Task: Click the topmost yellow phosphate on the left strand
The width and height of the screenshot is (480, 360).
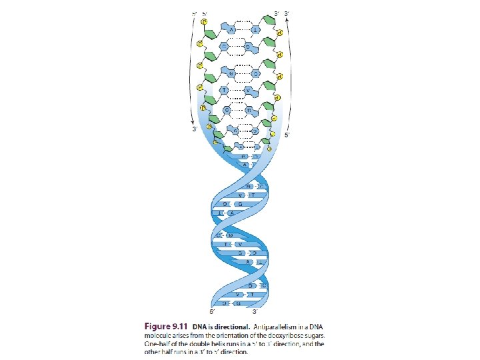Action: (x=204, y=21)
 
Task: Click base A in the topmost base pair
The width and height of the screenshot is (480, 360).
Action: (x=231, y=31)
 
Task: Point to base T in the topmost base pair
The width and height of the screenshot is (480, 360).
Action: (x=255, y=31)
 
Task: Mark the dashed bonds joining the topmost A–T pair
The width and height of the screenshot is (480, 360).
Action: (x=243, y=31)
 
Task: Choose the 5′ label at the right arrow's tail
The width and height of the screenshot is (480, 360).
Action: (x=287, y=135)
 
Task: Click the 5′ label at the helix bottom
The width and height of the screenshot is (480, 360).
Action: (x=212, y=312)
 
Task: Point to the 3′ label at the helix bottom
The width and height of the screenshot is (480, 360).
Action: (x=256, y=312)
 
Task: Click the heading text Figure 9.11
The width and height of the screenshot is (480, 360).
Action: (x=167, y=327)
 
